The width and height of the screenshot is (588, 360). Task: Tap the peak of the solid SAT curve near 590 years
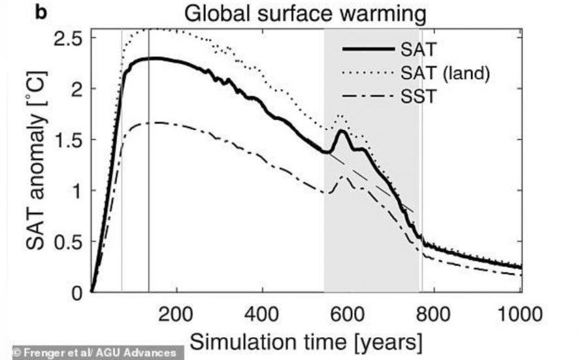click(x=342, y=131)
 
